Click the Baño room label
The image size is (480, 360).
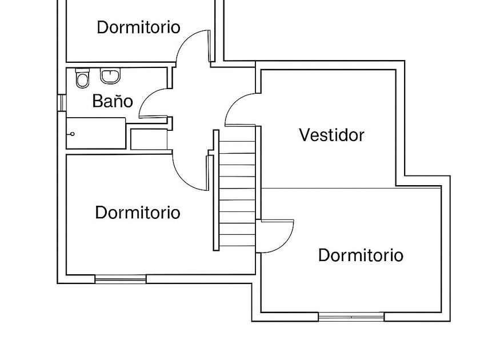tap(113, 102)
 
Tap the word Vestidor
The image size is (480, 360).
tap(331, 135)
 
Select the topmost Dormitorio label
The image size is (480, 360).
tap(138, 27)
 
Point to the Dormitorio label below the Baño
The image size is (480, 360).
tap(138, 213)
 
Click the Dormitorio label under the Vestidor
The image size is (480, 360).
tap(361, 255)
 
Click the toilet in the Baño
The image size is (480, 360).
tap(83, 79)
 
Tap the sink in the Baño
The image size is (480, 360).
tap(110, 75)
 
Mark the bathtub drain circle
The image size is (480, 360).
tap(73, 134)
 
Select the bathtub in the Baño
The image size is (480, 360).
tap(96, 134)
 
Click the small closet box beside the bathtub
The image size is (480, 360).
tap(148, 139)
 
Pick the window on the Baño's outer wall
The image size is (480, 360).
tap(61, 102)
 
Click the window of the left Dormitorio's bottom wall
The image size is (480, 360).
tap(120, 279)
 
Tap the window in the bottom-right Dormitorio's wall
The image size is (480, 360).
tap(351, 316)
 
